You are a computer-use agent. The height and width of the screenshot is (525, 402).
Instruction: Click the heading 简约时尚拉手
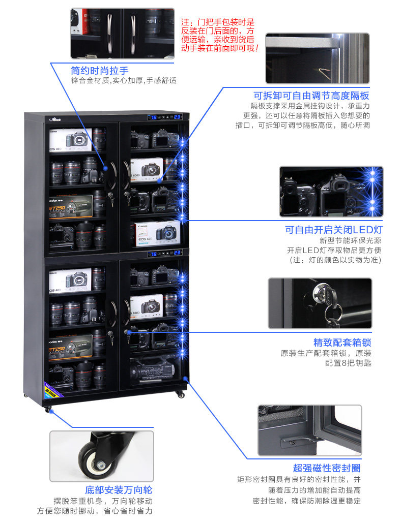point(99,71)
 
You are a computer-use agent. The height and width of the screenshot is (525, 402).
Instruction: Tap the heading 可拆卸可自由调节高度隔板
point(311,96)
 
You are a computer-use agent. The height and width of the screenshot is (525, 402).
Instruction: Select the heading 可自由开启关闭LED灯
point(333,230)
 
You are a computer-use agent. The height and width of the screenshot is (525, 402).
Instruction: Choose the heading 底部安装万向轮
point(118,490)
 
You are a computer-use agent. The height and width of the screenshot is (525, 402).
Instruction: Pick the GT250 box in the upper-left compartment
point(71,205)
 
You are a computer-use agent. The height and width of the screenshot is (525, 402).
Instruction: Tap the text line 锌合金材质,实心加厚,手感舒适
point(124,81)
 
